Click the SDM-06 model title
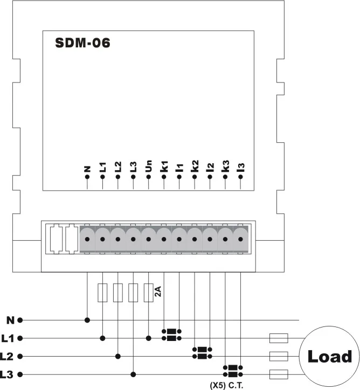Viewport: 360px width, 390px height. [x=83, y=44]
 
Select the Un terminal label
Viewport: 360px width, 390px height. [x=149, y=165]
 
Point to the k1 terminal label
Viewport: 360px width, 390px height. [x=164, y=165]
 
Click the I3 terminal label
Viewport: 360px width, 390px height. [x=241, y=166]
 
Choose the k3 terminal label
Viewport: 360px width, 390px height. [x=225, y=165]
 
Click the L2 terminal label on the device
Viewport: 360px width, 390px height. [x=118, y=166]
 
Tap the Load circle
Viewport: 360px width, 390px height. [x=329, y=356]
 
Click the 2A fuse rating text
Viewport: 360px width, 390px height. [x=158, y=292]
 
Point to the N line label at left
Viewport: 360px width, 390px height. [x=10, y=320]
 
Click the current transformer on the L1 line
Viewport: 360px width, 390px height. [x=171, y=335]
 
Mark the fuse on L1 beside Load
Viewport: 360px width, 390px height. [x=279, y=338]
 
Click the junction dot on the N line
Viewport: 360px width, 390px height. [x=87, y=320]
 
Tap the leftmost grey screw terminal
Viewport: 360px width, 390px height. [x=87, y=238]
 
